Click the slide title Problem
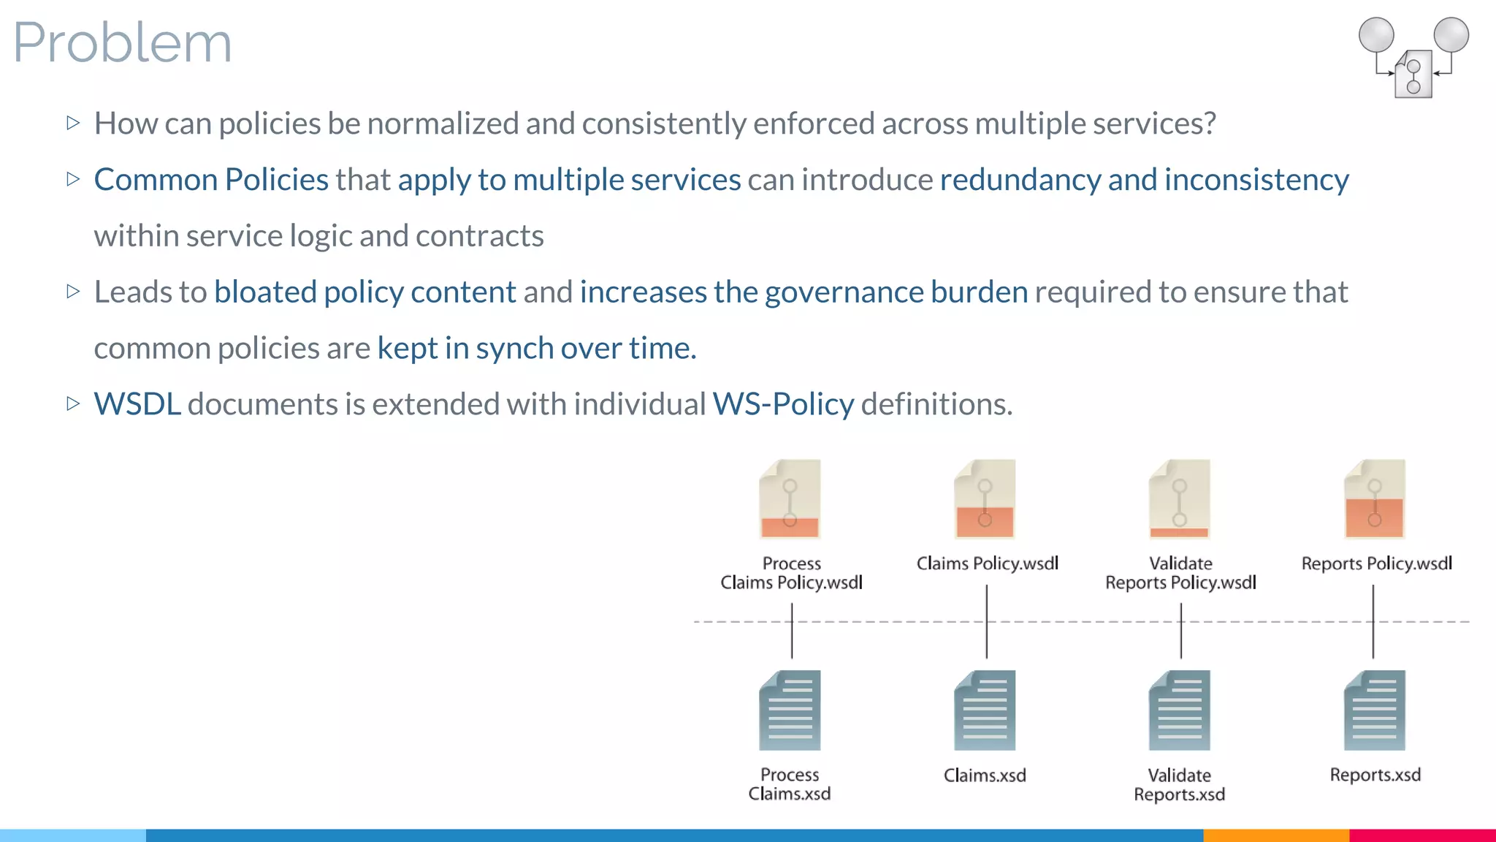pyautogui.click(x=122, y=42)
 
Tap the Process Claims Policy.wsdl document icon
pyautogui.click(x=790, y=499)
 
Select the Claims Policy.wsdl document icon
pyautogui.click(x=985, y=499)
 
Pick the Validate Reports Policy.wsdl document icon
pyautogui.click(x=1179, y=499)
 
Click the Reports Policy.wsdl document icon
pyautogui.click(x=1374, y=499)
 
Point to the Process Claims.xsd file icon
pyautogui.click(x=790, y=710)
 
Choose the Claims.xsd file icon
pyautogui.click(x=985, y=710)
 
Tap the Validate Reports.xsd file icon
pyautogui.click(x=1179, y=710)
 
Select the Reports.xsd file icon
pyautogui.click(x=1374, y=710)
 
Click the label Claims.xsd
pyautogui.click(x=985, y=775)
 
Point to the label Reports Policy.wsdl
pyautogui.click(x=1376, y=564)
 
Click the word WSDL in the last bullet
pyautogui.click(x=137, y=404)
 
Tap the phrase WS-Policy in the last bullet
pyautogui.click(x=783, y=404)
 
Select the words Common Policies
pyautogui.click(x=211, y=180)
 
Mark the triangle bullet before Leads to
pyautogui.click(x=72, y=292)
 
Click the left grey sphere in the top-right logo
pyautogui.click(x=1376, y=35)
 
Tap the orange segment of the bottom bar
pyautogui.click(x=1275, y=835)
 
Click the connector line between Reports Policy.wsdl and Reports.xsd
pyautogui.click(x=1373, y=622)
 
